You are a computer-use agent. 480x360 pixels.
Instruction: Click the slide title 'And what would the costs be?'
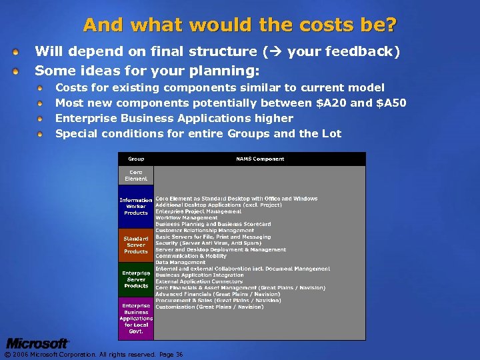coord(240,25)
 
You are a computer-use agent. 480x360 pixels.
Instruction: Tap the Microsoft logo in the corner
coord(37,344)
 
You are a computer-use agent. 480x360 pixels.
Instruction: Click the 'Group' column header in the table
coord(136,159)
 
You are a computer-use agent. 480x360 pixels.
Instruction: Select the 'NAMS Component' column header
coord(260,159)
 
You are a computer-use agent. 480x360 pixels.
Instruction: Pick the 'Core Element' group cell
coord(136,175)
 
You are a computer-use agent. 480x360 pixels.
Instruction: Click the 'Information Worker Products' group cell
coord(136,207)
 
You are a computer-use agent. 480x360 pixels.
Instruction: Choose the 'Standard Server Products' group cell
coord(136,245)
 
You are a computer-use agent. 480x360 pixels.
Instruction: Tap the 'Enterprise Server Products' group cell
coord(136,279)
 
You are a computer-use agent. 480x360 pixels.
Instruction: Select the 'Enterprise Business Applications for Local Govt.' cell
coord(136,318)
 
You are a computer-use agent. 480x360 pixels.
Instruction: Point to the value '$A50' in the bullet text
coord(391,103)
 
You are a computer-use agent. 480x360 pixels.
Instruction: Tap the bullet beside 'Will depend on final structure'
coord(24,51)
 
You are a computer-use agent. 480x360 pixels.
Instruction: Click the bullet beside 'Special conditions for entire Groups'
coord(41,134)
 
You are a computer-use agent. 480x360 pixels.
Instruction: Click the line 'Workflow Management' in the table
coord(187,217)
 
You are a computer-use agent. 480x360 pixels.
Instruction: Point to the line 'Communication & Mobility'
coord(191,256)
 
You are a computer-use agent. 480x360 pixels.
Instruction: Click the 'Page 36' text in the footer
coord(171,355)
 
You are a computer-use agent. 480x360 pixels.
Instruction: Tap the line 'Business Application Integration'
coord(200,275)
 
